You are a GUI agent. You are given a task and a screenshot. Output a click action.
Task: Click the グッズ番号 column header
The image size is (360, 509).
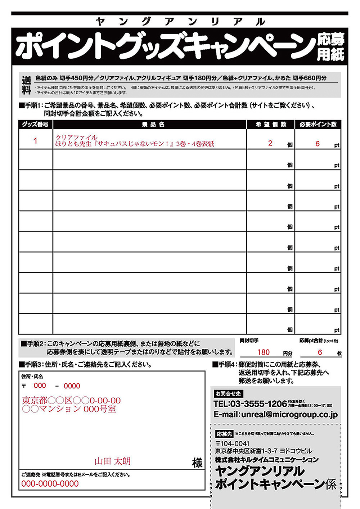point(35,125)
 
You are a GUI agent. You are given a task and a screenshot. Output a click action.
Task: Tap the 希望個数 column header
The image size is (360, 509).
point(271,125)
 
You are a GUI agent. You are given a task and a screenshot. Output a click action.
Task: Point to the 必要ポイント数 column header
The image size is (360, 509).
point(318,125)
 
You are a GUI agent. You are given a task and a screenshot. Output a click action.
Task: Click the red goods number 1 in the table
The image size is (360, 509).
point(35,141)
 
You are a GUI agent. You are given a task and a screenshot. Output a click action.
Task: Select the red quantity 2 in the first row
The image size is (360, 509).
point(270,143)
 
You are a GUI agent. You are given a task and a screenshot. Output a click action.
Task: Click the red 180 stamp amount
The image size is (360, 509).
point(264,352)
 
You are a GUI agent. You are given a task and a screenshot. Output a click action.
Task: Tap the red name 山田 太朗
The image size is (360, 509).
point(112,461)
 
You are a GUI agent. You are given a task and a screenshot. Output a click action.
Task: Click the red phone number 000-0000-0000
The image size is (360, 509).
point(50,484)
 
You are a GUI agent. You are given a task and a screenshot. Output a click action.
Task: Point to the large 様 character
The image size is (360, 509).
point(197,463)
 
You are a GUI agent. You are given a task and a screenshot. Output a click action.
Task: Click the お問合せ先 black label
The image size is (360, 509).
point(228,394)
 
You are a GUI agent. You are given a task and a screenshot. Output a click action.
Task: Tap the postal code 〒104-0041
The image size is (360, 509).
point(232,444)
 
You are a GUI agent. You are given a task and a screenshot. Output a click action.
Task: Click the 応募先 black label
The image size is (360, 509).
point(224,434)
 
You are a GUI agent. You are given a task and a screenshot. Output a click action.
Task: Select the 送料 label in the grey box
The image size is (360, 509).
point(26,85)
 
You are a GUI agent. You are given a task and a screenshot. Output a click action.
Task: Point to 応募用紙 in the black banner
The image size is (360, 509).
point(330,47)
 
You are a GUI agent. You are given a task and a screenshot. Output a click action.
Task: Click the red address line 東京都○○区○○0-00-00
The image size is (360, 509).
point(71,400)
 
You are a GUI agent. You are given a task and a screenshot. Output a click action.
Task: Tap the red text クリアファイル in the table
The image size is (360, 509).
point(76,138)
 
